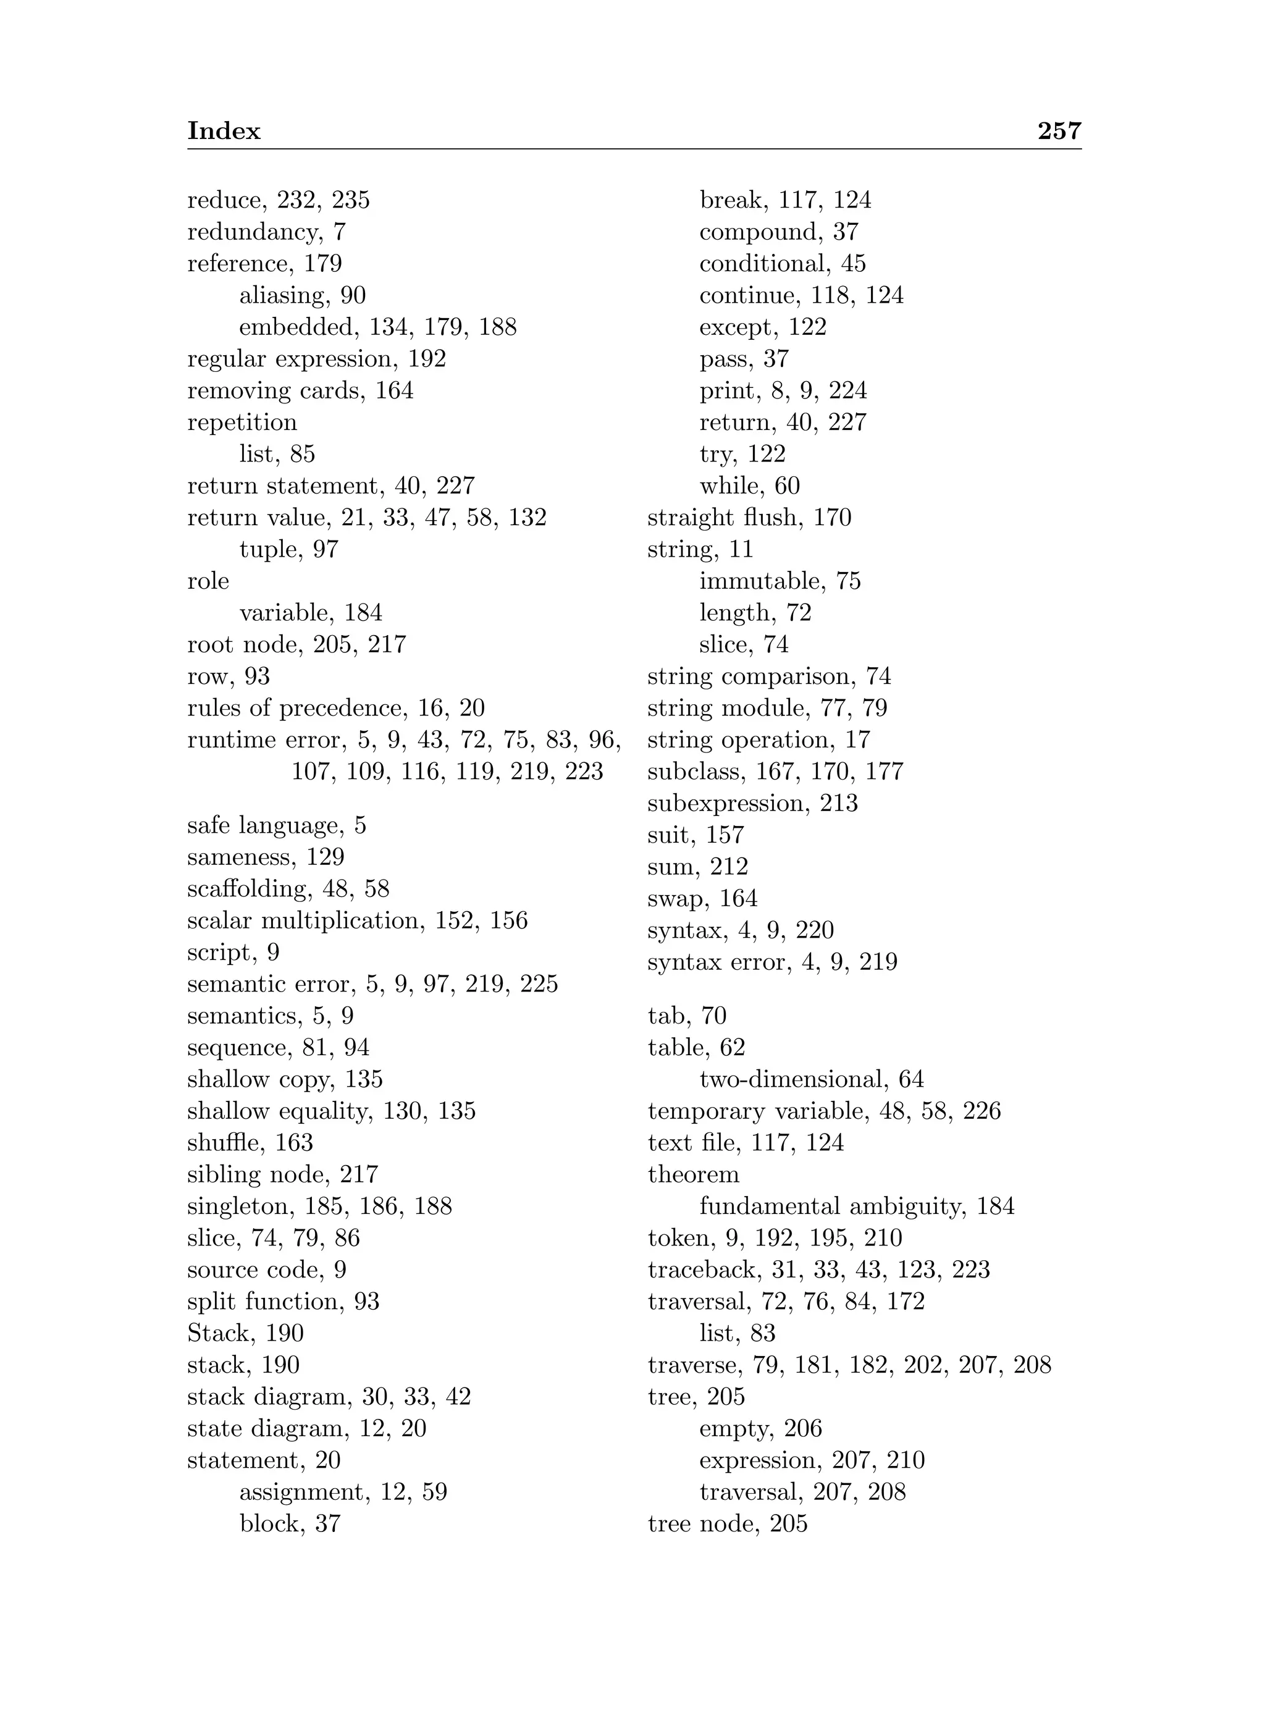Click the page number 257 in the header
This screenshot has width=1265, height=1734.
tap(1059, 131)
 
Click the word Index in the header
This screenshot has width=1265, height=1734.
tap(224, 131)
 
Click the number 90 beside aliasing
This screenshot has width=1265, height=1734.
tap(353, 296)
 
